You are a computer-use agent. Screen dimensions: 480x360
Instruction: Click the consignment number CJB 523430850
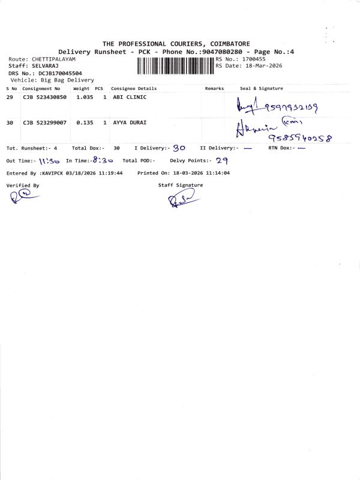(44, 97)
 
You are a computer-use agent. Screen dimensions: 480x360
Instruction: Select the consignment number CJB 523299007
(44, 122)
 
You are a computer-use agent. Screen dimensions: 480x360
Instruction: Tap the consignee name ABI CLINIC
(130, 97)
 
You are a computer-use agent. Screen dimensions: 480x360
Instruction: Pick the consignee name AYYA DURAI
(131, 122)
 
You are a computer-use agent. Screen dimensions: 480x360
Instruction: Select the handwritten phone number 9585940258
(300, 138)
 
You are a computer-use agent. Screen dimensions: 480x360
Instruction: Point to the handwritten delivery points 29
(222, 160)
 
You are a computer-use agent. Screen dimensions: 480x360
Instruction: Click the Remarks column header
(214, 88)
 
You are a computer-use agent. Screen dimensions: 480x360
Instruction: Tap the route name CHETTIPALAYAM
(53, 59)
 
